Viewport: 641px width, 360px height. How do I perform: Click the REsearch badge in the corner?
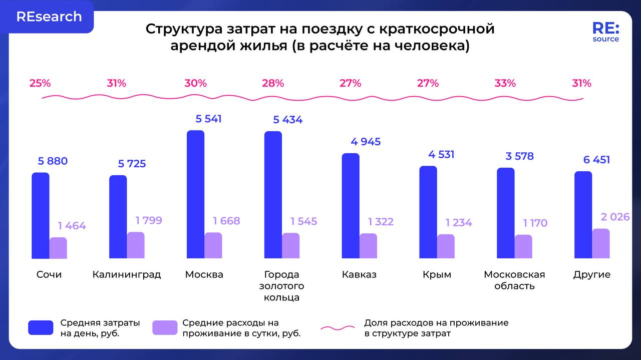tap(49, 17)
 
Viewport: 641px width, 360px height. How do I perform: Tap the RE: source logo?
tap(605, 32)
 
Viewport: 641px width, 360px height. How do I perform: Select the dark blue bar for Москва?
tap(195, 194)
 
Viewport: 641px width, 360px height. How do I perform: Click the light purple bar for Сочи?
tap(58, 248)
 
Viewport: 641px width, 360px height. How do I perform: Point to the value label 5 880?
tap(53, 161)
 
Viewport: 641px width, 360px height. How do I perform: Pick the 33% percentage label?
tap(505, 83)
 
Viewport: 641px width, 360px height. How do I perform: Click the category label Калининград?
tap(127, 274)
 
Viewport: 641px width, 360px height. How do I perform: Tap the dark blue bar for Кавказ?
tap(351, 206)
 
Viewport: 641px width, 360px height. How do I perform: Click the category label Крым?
tap(437, 274)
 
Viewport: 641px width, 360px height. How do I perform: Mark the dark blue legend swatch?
tap(41, 327)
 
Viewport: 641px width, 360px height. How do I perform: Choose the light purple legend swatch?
tap(165, 327)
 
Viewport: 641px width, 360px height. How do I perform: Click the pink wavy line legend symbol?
tap(338, 328)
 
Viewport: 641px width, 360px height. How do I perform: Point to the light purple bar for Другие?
tap(601, 244)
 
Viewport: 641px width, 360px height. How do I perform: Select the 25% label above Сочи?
tap(40, 83)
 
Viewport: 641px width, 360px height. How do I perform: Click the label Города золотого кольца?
tap(281, 286)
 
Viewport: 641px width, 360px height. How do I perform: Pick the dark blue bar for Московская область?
tap(506, 213)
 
